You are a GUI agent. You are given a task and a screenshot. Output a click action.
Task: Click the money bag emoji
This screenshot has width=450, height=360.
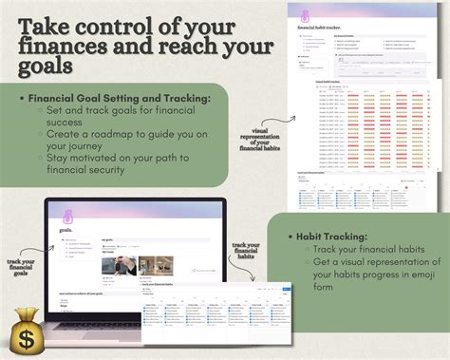pos(24,330)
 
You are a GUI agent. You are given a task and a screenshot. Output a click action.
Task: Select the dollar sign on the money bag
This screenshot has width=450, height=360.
pos(23,336)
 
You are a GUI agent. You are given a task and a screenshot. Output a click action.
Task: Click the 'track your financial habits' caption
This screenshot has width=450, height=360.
pos(245,258)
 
